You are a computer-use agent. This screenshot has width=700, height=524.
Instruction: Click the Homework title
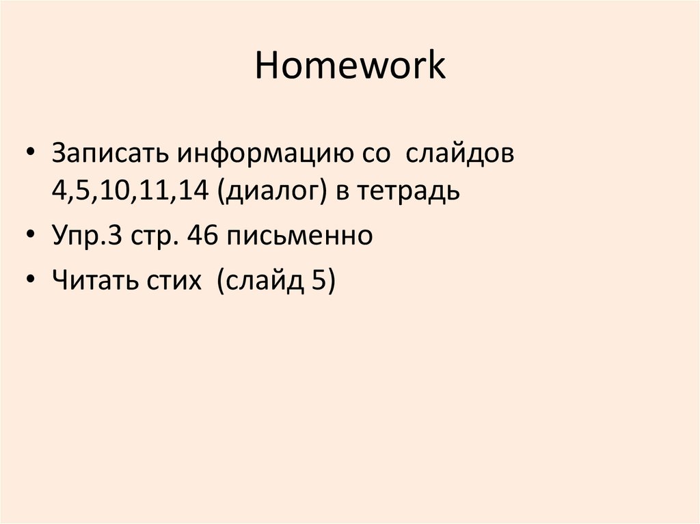click(x=350, y=67)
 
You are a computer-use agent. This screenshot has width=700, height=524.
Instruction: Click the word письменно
click(x=300, y=236)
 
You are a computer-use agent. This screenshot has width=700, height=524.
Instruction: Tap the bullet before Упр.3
click(x=32, y=236)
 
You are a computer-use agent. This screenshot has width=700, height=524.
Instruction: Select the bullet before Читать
click(x=32, y=280)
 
